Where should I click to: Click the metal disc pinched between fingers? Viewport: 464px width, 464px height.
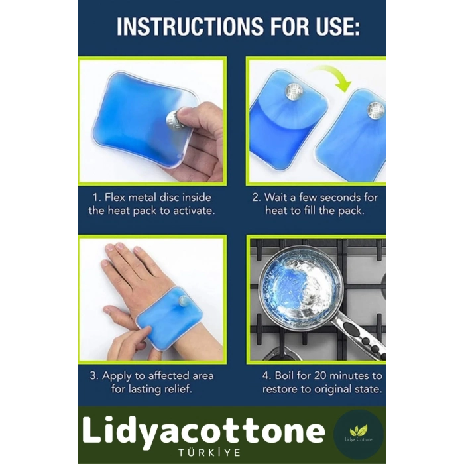tap(174, 119)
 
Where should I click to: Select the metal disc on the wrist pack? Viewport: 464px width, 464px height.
tap(183, 302)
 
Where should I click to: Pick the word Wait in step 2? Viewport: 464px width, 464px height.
tap(276, 197)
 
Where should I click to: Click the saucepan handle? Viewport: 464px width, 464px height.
tap(360, 337)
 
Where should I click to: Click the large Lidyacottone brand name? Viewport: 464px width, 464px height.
tap(203, 432)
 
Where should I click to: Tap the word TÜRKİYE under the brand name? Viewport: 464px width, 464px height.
tap(209, 453)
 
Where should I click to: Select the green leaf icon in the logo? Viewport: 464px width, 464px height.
tap(359, 430)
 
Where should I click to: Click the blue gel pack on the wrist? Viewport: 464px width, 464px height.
tap(169, 318)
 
